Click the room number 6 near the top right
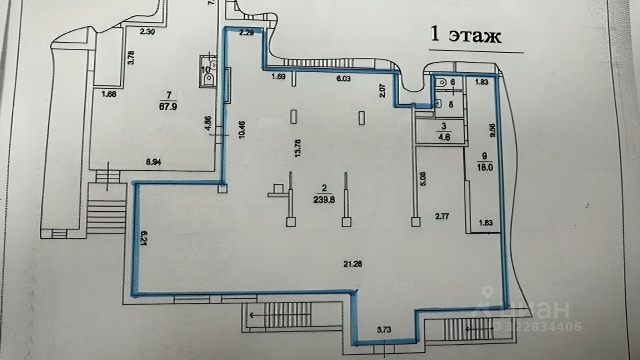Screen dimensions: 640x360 (x=452, y=81)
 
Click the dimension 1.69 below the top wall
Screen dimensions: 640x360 (x=278, y=77)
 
